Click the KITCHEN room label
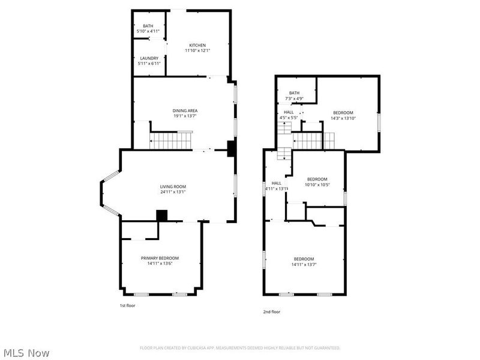tap(197, 46)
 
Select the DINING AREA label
tap(185, 110)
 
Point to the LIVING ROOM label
tap(173, 187)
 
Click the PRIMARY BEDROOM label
tap(155, 258)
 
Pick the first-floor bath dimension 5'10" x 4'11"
tap(148, 31)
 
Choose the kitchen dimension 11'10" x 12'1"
tap(197, 51)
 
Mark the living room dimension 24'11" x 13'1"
tap(173, 192)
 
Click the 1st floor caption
tap(127, 305)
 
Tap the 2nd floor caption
tap(271, 311)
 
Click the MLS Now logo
tap(26, 353)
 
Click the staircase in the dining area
tap(170, 142)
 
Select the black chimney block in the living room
tap(161, 215)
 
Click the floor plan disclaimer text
tap(240, 348)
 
